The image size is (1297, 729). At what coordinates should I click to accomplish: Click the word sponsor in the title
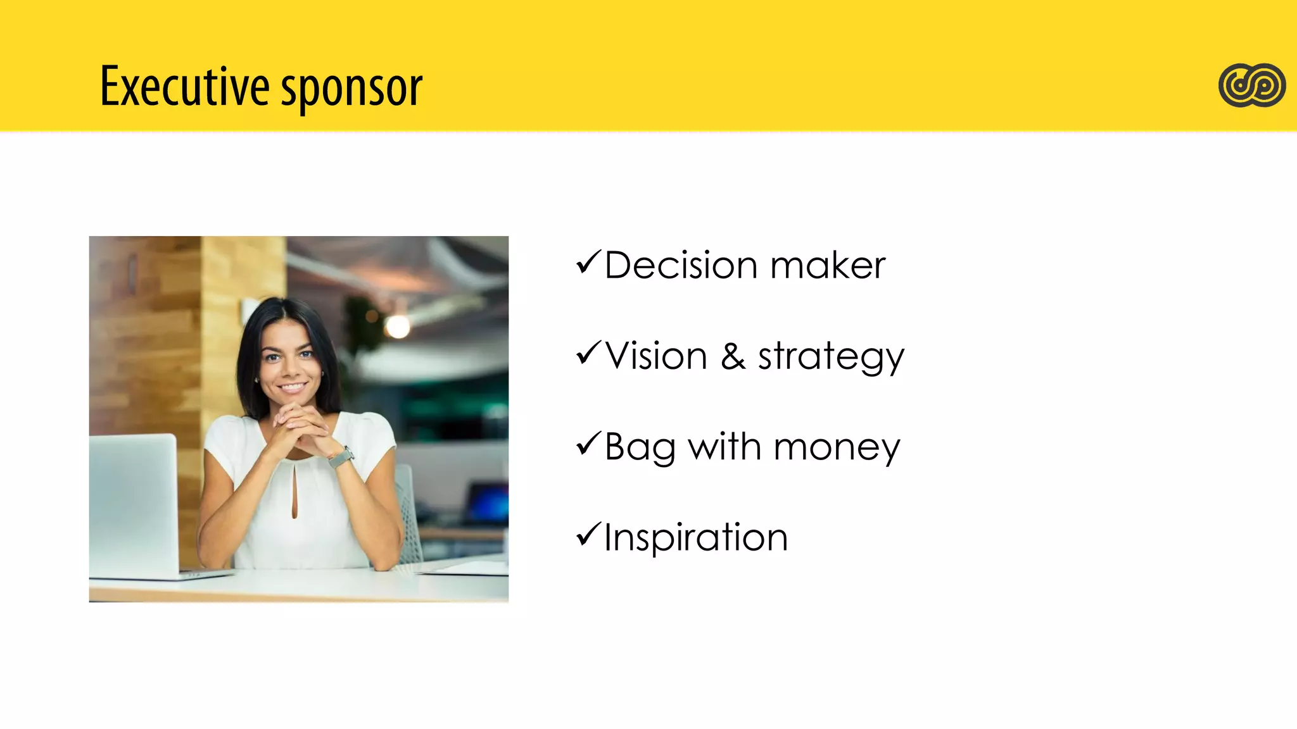click(x=351, y=89)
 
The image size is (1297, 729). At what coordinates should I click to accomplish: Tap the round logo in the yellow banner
click(x=1251, y=85)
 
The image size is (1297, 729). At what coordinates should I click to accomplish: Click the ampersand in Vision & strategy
click(x=733, y=356)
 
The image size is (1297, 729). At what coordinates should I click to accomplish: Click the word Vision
click(x=656, y=356)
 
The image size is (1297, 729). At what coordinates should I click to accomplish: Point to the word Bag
click(x=640, y=448)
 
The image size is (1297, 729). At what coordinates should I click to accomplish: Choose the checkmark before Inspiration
click(x=588, y=535)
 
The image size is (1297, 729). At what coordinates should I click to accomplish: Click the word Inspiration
click(x=696, y=538)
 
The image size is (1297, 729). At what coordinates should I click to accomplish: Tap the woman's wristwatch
click(x=341, y=457)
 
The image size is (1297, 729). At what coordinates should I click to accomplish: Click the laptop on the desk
click(x=135, y=506)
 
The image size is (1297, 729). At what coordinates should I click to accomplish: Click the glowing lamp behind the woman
click(x=398, y=326)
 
